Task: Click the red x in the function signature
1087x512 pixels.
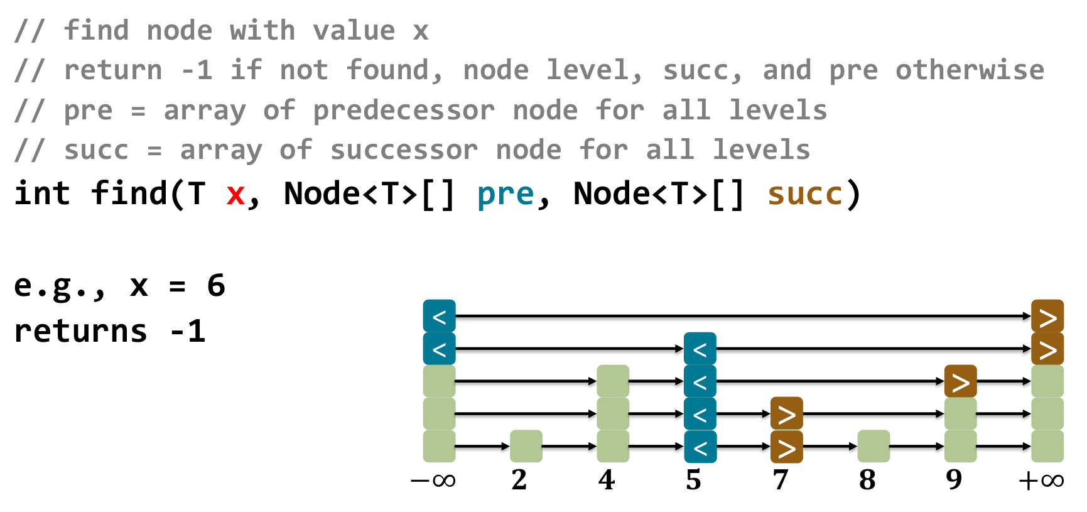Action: coord(235,195)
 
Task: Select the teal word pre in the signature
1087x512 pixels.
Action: coord(505,195)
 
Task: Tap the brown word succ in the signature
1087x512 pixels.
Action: coord(804,195)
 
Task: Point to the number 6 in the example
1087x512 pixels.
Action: coord(216,286)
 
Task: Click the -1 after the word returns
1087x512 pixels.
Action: coord(188,331)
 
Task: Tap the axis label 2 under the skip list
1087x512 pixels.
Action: coord(519,481)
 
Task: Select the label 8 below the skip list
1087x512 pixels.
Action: coord(867,481)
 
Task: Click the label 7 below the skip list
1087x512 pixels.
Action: coord(780,481)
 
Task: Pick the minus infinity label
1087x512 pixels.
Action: coord(433,481)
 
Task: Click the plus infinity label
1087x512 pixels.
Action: coord(1041,481)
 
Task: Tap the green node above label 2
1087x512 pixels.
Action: coord(526,446)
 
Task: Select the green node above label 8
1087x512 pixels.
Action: coord(873,446)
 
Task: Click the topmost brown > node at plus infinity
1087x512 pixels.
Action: coord(1047,316)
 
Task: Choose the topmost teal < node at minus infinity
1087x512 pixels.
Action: coord(439,316)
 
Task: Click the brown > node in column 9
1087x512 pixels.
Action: coord(960,381)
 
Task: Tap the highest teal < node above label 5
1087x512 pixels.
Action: coord(700,349)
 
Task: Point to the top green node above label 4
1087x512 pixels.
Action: coord(612,381)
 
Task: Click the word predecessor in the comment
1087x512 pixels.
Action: coord(404,111)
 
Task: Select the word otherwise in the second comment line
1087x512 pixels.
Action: coord(969,70)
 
